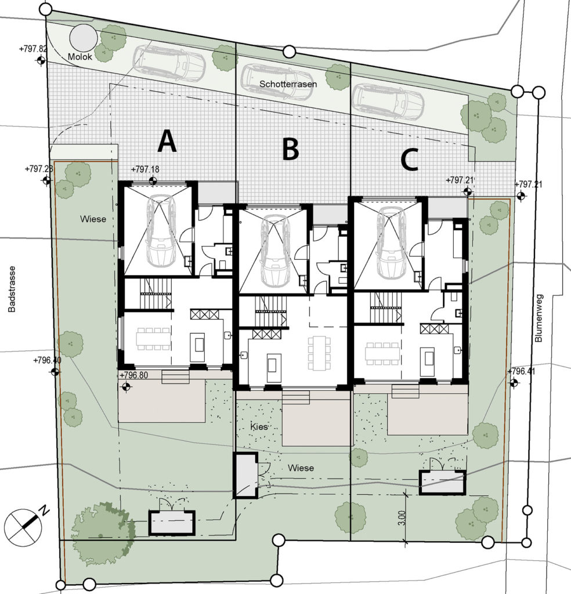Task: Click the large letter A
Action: tap(167, 141)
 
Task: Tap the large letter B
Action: tap(290, 149)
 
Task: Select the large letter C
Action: tap(409, 160)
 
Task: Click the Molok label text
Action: tap(80, 57)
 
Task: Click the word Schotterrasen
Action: tap(288, 84)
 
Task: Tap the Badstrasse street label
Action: tap(12, 289)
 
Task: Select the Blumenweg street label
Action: tap(539, 318)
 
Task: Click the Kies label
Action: tap(259, 427)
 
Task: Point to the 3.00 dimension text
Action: tap(402, 518)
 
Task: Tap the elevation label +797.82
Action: tap(33, 49)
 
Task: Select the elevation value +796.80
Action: tap(133, 375)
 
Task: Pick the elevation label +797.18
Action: tap(145, 169)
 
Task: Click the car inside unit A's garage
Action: tap(161, 231)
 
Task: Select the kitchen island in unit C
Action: tap(429, 357)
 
